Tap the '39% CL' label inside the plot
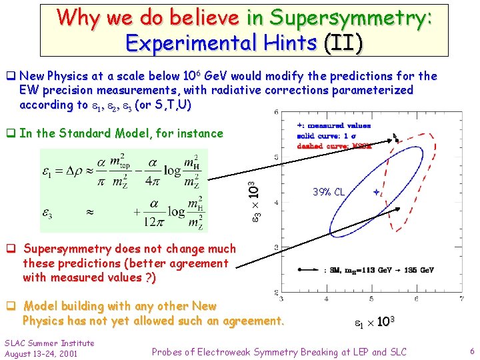pos(329,192)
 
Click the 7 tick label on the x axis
pos(461,298)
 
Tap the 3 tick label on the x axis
pos(280,298)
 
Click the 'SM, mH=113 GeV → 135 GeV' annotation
pos(378,270)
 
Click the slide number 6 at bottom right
pos(471,351)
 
